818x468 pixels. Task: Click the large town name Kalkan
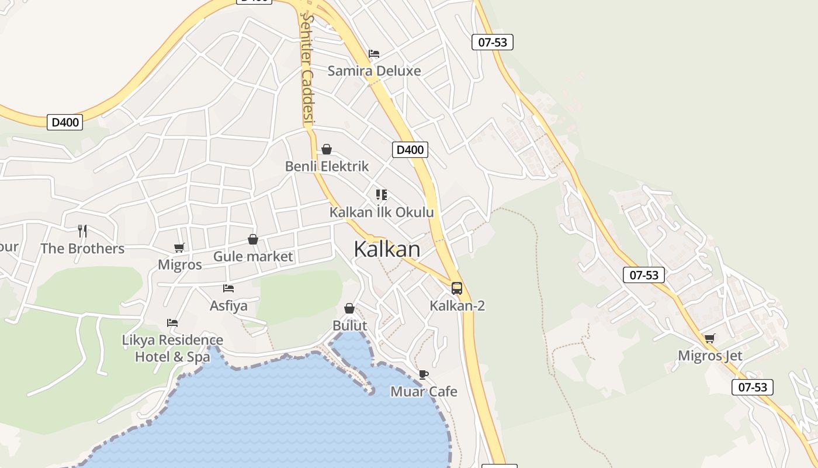click(x=387, y=249)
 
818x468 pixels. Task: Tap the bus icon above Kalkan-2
click(x=457, y=288)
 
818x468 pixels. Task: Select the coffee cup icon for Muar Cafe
click(x=424, y=374)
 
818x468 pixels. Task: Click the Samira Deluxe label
click(x=374, y=71)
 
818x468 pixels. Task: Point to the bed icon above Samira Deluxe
click(x=374, y=54)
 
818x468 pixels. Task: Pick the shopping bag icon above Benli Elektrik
click(x=327, y=149)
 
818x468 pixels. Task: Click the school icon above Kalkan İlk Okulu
click(x=382, y=195)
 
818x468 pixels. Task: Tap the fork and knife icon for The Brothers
click(x=82, y=231)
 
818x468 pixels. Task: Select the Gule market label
click(x=253, y=256)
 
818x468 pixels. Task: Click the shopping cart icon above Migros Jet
click(x=710, y=338)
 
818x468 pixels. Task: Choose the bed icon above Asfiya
click(x=228, y=288)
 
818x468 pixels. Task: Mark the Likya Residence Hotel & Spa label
click(x=172, y=348)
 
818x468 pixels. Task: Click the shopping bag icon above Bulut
click(x=349, y=308)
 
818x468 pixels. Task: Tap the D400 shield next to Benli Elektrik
click(x=410, y=150)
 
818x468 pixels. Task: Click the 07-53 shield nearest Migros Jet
click(x=753, y=387)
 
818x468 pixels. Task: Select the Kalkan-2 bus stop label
click(x=457, y=305)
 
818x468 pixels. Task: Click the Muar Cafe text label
click(x=424, y=391)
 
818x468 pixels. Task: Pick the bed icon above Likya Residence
click(x=172, y=322)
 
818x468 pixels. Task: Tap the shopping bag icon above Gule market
click(x=253, y=239)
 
